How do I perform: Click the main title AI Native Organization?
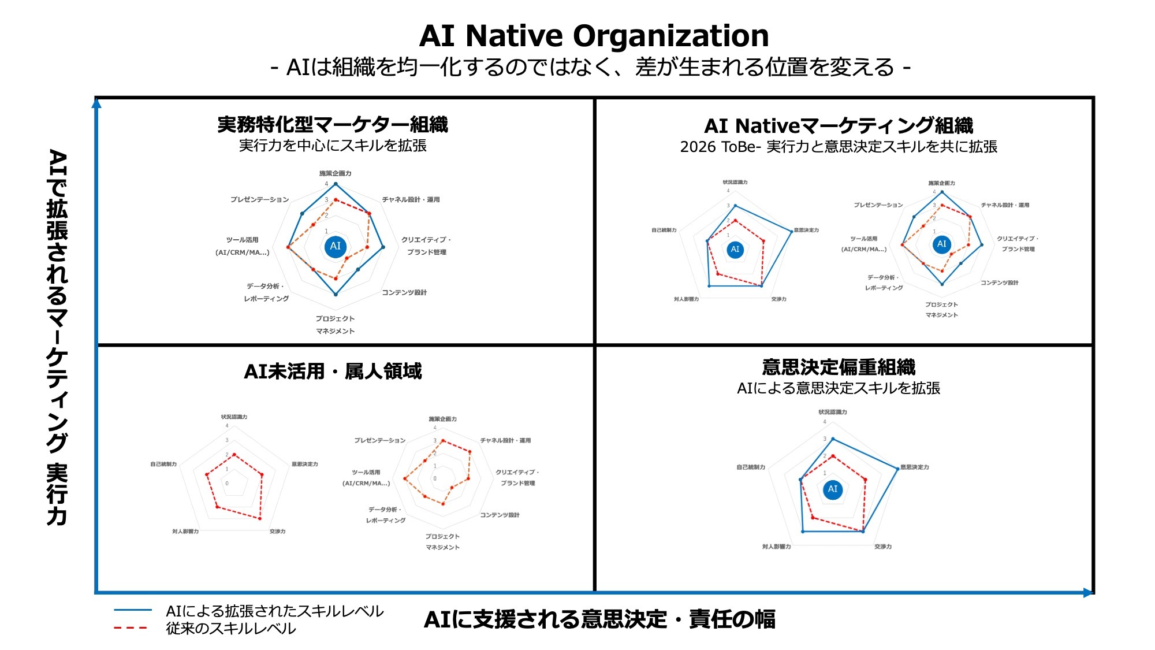pos(594,36)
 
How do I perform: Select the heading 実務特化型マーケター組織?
pos(333,124)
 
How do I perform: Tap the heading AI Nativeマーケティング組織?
pos(839,125)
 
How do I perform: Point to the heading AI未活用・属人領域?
pos(333,371)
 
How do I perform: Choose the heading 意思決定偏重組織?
pos(839,367)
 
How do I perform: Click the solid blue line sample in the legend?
pos(133,610)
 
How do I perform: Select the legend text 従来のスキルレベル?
pos(231,629)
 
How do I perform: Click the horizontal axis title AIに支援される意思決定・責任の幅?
pos(599,619)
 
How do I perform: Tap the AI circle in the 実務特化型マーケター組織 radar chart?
pos(336,246)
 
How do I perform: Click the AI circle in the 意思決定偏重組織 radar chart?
pos(833,489)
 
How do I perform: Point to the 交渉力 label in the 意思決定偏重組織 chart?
pos(882,547)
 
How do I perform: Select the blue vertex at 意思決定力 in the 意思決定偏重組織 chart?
pos(898,468)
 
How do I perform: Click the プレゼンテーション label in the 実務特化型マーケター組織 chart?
pos(259,199)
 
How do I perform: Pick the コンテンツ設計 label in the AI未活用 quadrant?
pos(500,515)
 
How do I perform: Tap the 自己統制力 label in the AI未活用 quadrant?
pos(163,464)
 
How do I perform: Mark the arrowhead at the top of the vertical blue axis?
pos(96,103)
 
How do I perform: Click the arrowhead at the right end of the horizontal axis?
pos(1089,592)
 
